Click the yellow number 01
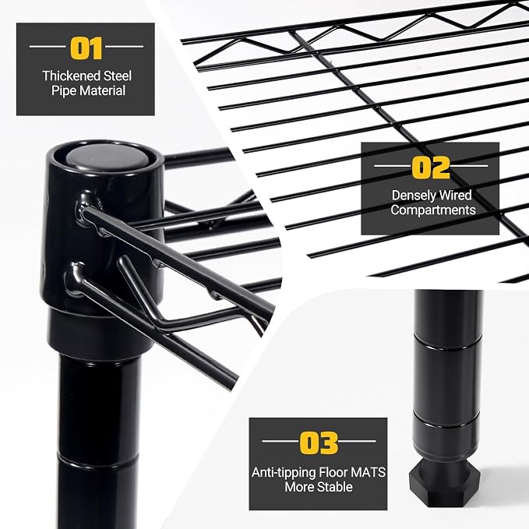(x=86, y=48)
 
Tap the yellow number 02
(x=431, y=168)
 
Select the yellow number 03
(x=319, y=443)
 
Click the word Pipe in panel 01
(x=64, y=90)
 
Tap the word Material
(x=102, y=90)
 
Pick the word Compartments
(x=433, y=210)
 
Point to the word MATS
(x=368, y=472)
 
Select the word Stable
(x=335, y=487)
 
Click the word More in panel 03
(x=300, y=487)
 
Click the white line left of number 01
(x=48, y=46)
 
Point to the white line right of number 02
(x=469, y=166)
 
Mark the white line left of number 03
(x=280, y=441)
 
